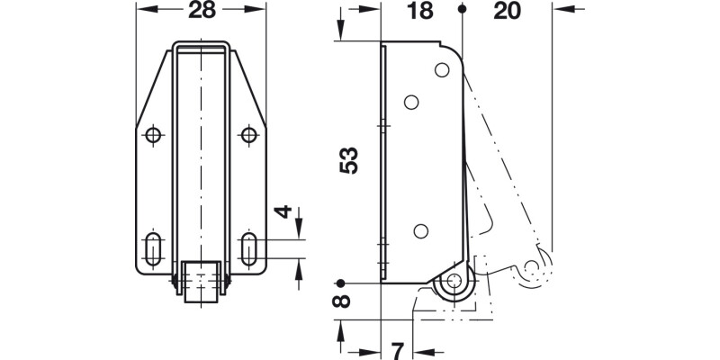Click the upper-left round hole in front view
[x=153, y=135]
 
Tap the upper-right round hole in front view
[x=249, y=135]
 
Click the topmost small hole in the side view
[x=441, y=69]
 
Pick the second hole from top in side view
[x=411, y=103]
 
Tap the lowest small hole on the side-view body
[x=419, y=230]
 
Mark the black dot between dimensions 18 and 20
[x=462, y=10]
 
